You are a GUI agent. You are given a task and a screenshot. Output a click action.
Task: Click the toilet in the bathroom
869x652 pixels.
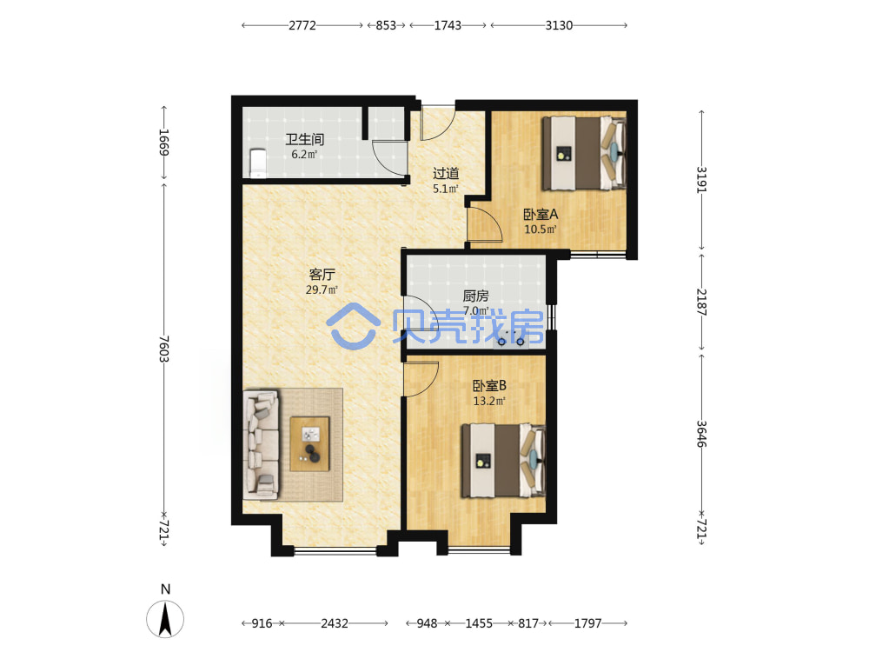coord(258,163)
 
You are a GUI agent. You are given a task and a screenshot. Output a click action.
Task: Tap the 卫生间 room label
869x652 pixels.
coord(304,139)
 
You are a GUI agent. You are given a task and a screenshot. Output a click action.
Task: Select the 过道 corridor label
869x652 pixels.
coord(446,174)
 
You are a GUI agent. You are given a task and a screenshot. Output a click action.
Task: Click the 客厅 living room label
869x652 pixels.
coord(322,275)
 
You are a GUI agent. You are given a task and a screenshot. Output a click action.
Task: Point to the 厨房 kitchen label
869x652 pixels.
coord(475,296)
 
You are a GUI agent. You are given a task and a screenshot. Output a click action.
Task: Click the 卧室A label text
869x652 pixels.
coord(541,214)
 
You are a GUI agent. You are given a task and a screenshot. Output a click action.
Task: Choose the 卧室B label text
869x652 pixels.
coord(489,385)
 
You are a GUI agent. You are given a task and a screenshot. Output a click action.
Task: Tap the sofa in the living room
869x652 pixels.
coord(261,443)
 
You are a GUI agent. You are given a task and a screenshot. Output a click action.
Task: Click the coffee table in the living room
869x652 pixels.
coord(310,444)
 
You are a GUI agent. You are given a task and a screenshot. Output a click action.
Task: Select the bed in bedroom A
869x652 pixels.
coord(584,153)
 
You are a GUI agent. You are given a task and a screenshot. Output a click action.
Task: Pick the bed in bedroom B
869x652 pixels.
coord(503,461)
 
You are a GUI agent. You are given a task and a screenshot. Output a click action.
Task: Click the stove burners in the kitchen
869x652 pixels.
coord(510,342)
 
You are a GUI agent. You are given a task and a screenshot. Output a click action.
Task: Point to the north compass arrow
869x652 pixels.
coord(164,619)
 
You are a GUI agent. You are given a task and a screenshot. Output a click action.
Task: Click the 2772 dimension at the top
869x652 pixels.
coord(302,25)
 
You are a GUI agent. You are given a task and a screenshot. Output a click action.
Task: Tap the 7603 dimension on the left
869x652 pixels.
coord(163,349)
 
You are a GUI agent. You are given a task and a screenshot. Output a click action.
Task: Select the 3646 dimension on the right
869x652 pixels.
coord(701,434)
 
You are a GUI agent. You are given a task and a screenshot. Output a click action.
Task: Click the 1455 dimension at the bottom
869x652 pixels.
coord(479,623)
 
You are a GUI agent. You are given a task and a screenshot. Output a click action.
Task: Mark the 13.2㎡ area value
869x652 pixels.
coord(489,400)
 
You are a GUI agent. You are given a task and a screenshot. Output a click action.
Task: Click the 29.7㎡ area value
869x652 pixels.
coord(322,289)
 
